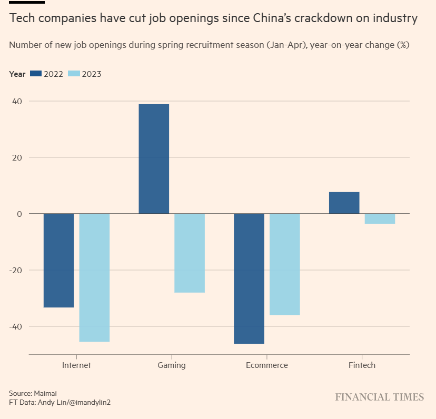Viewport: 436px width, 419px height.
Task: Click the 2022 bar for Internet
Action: point(58,261)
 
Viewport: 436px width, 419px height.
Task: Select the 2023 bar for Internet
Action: point(94,277)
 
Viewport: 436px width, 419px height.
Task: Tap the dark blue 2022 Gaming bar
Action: point(154,159)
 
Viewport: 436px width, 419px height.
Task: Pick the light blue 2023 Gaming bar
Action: point(190,253)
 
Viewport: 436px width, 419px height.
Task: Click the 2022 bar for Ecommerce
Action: point(249,278)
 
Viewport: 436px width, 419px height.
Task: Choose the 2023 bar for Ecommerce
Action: point(285,264)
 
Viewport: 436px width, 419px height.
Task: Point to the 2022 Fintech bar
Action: point(344,203)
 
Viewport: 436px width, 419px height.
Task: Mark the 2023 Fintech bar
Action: point(380,218)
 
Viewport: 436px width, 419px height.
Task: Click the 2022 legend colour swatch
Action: point(36,74)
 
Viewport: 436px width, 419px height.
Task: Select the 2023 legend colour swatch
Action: point(74,74)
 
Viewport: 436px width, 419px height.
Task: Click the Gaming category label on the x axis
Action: point(172,365)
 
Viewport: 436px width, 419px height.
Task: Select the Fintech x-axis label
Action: point(362,365)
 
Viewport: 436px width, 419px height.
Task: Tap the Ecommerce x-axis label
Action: point(267,365)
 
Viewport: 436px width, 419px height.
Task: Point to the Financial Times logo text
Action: point(379,397)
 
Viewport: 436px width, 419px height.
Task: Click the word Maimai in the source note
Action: point(45,393)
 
